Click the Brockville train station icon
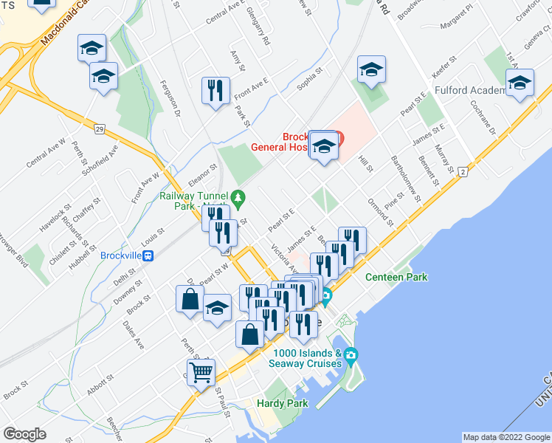[x=149, y=255]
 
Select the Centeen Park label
[x=396, y=277]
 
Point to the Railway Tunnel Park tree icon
[x=238, y=198]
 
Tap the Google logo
[x=25, y=434]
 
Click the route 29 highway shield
[x=99, y=128]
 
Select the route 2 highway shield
[x=463, y=171]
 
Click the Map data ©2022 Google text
[x=506, y=437]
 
